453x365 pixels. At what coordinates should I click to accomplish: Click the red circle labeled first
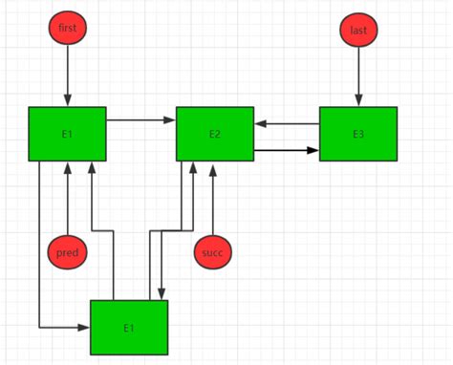(67, 29)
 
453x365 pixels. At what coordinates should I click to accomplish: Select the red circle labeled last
(358, 30)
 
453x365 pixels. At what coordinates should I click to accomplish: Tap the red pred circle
(67, 252)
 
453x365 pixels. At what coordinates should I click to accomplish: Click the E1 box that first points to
(67, 134)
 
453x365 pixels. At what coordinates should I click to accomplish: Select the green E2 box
(214, 134)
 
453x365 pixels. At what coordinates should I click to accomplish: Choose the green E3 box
(357, 134)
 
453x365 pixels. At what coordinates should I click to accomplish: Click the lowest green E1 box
(128, 328)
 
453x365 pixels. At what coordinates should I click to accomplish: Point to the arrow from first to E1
(67, 76)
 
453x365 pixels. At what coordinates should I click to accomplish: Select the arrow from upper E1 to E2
(140, 120)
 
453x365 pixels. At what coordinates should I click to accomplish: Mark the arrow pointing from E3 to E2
(287, 123)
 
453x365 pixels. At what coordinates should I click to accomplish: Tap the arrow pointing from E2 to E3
(287, 150)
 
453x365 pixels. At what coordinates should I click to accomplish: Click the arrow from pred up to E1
(67, 198)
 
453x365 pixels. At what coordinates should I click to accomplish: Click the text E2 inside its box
(214, 134)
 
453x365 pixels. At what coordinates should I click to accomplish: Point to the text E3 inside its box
(357, 134)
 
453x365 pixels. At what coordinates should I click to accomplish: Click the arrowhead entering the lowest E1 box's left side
(84, 328)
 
